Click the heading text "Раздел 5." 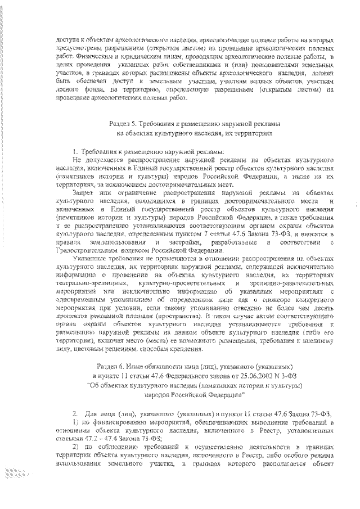tap(122, 122)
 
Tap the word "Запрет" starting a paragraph tap(76, 192)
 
